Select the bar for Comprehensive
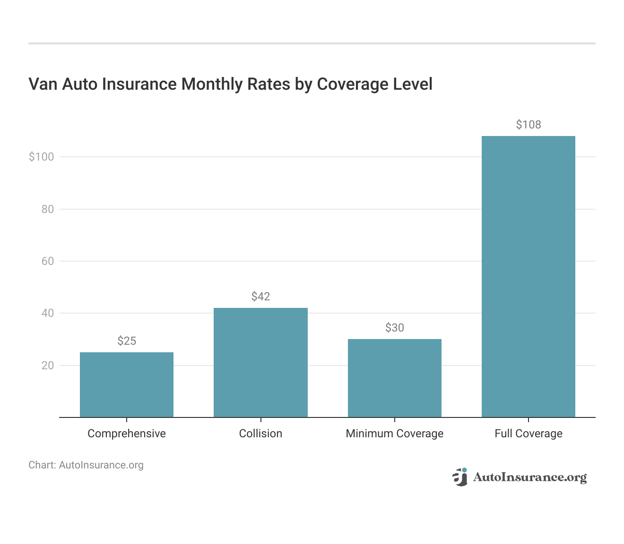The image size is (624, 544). [x=127, y=384]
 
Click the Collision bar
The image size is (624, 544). [x=260, y=362]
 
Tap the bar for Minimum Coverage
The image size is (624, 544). [x=395, y=378]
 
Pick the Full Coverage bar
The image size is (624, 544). [x=529, y=276]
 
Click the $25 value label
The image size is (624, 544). [x=127, y=341]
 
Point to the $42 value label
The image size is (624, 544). [x=260, y=297]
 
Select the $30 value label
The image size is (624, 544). [x=395, y=328]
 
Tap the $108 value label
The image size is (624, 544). [x=529, y=125]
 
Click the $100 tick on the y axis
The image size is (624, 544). [x=41, y=157]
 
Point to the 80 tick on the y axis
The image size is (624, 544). [x=47, y=209]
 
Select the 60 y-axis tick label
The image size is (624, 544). [x=47, y=261]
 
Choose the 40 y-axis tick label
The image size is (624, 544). [x=47, y=313]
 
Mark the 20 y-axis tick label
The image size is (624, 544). [x=47, y=365]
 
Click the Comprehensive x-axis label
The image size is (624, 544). [x=127, y=433]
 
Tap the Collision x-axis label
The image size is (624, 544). [x=260, y=433]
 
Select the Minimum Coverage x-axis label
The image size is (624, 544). [x=395, y=433]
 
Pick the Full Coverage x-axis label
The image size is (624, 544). [x=529, y=433]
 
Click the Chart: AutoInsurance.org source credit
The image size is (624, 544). [x=86, y=465]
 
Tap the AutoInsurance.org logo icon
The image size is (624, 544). [x=460, y=477]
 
